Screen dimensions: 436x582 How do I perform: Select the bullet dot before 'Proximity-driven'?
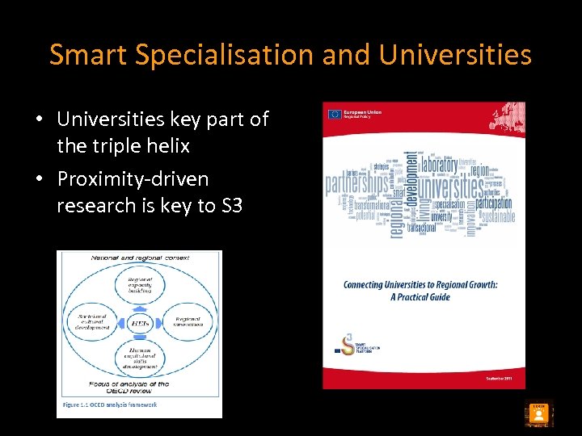[x=39, y=179]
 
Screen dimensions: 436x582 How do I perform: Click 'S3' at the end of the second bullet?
[x=231, y=206]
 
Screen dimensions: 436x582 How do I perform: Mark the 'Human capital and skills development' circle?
[x=138, y=358]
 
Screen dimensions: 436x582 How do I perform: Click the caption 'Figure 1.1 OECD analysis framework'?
[x=110, y=405]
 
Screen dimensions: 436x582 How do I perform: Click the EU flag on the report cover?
[x=334, y=114]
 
